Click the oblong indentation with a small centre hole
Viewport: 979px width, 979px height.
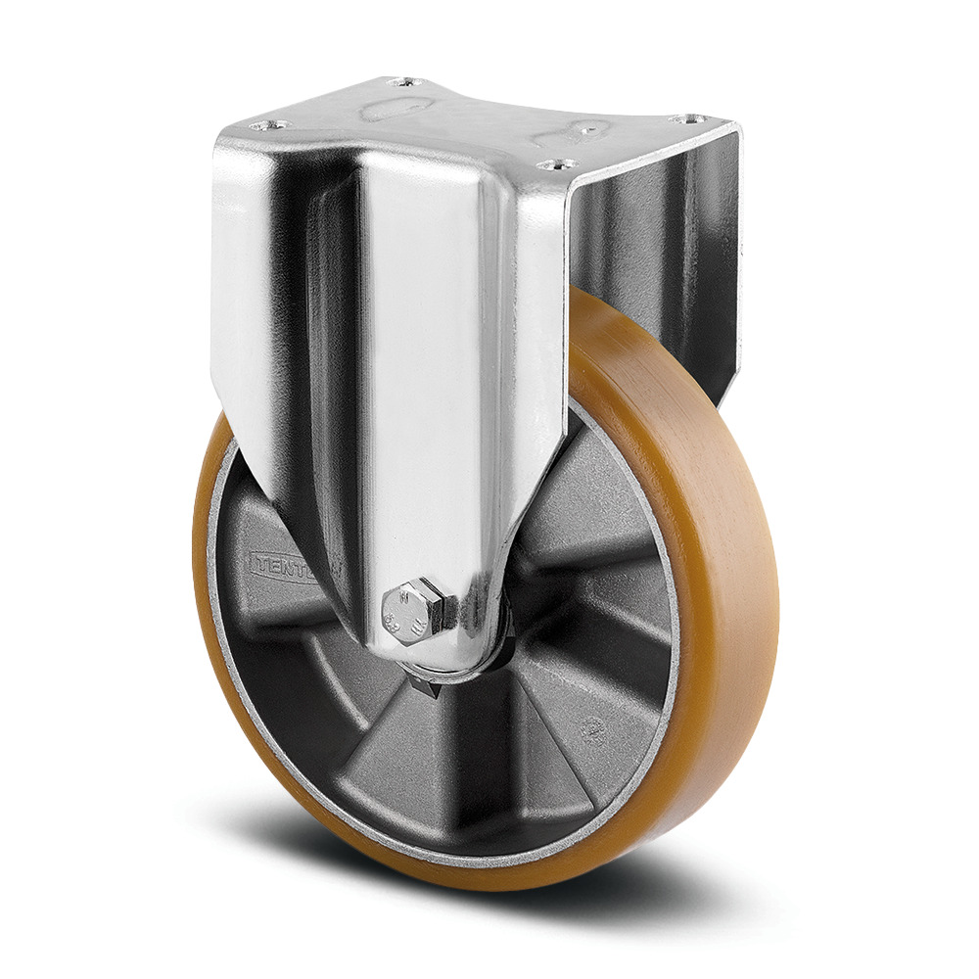(x=590, y=128)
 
